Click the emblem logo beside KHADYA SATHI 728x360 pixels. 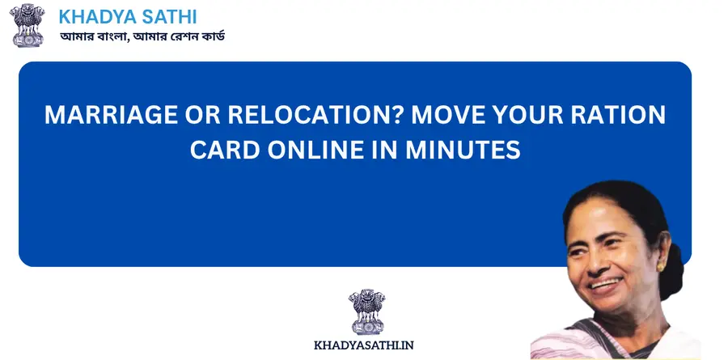(27, 25)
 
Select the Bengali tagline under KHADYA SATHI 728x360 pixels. (142, 36)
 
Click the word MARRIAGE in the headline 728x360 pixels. (111, 115)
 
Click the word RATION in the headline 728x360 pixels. (620, 115)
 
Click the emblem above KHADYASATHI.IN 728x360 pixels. (366, 311)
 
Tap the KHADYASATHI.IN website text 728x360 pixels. (363, 345)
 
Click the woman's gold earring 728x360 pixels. (660, 267)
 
